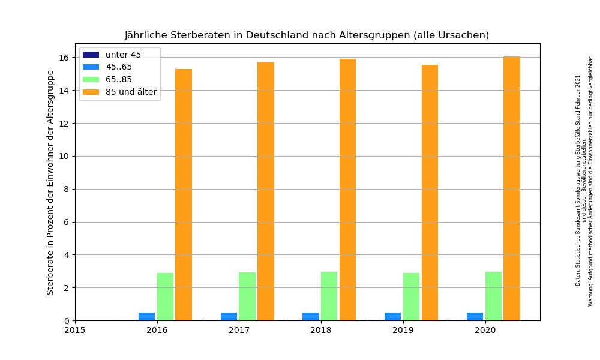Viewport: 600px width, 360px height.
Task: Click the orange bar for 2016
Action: [184, 194]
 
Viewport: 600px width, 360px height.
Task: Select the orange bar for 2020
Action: [512, 188]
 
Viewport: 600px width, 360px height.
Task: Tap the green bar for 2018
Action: [329, 296]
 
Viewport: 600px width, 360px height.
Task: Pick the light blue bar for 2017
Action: [229, 316]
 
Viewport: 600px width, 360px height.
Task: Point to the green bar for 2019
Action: [411, 296]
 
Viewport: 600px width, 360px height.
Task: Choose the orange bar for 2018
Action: [347, 190]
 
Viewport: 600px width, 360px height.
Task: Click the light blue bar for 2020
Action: [475, 316]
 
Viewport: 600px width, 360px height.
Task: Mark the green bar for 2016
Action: [165, 296]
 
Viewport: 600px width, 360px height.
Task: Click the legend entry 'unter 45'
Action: [123, 55]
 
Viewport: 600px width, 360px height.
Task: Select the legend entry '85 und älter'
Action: [131, 92]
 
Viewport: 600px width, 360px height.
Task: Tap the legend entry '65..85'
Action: [119, 79]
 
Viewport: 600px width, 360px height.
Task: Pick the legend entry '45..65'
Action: [119, 67]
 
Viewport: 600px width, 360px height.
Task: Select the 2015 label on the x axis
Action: [75, 329]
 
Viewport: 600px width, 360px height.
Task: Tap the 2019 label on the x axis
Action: [403, 329]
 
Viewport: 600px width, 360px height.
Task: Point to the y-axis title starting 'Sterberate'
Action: [50, 182]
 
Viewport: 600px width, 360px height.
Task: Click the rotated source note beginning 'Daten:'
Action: [578, 180]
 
